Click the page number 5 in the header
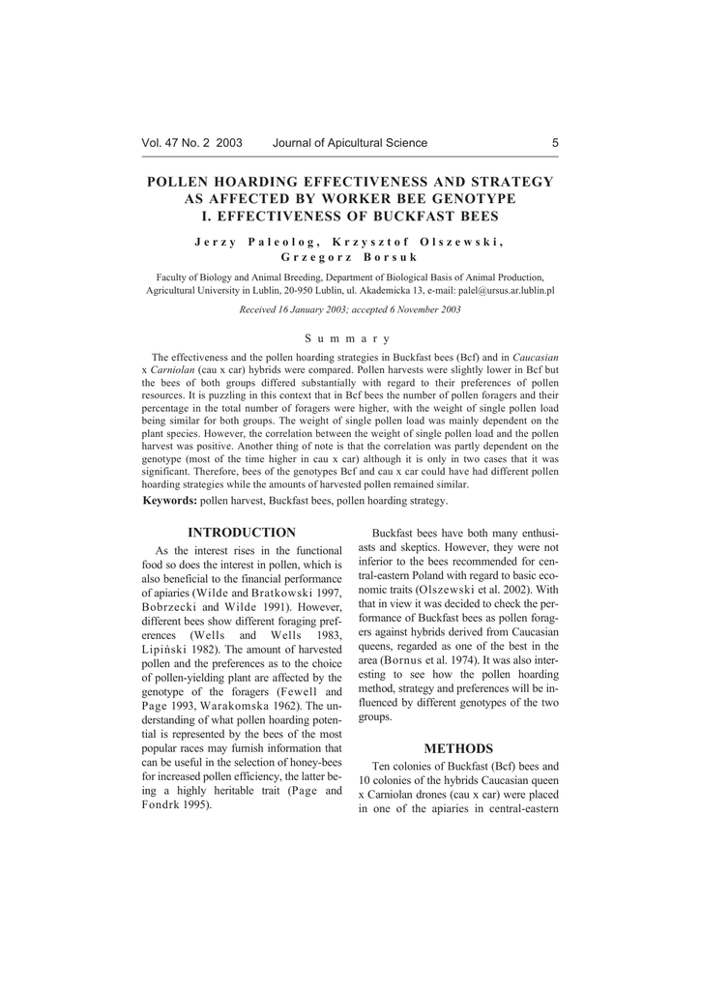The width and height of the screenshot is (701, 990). [x=555, y=143]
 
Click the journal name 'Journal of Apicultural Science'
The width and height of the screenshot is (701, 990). [x=350, y=143]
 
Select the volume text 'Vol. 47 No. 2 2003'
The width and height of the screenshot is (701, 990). [x=191, y=143]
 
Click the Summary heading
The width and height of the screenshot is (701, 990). [x=347, y=338]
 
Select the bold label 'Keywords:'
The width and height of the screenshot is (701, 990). [x=170, y=500]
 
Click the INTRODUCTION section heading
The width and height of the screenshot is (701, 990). [x=242, y=533]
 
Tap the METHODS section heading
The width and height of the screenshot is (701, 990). [x=458, y=749]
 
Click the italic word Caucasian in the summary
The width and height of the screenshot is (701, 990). [x=535, y=357]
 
